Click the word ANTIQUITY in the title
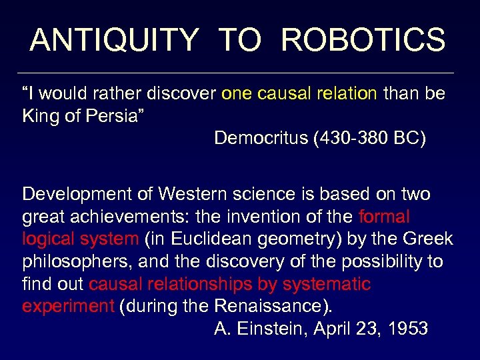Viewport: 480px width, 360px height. pyautogui.click(x=114, y=40)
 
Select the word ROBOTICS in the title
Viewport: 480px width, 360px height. pyautogui.click(x=363, y=40)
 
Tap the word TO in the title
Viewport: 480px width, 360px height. pyautogui.click(x=239, y=40)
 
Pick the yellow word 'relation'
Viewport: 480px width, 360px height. pyautogui.click(x=347, y=93)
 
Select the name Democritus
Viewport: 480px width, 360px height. pyautogui.click(x=261, y=138)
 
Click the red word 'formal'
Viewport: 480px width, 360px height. pyautogui.click(x=384, y=217)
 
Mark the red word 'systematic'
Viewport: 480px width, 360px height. pyautogui.click(x=327, y=285)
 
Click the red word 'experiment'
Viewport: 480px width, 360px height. pyautogui.click(x=69, y=307)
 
